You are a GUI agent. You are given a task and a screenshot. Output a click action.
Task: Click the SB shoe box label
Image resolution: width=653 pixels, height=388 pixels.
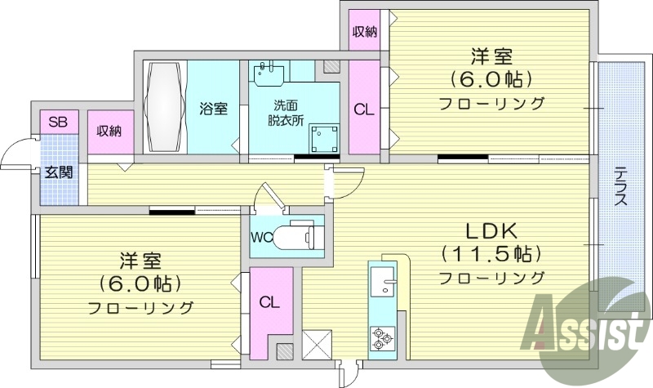[x=57, y=123]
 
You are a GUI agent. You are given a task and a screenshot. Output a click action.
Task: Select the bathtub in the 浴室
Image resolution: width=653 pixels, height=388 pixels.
[x=166, y=106]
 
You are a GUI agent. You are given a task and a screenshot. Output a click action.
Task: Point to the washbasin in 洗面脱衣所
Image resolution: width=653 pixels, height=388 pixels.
[x=266, y=73]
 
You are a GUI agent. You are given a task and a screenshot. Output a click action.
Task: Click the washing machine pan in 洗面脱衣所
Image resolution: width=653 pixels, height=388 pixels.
[x=324, y=138]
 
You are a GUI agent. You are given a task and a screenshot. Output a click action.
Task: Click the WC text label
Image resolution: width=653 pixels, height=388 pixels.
[x=263, y=238]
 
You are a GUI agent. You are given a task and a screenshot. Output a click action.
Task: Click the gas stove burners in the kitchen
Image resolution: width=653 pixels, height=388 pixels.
[x=380, y=337]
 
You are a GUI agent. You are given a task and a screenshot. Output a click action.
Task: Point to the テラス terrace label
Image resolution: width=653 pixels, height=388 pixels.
[x=620, y=186]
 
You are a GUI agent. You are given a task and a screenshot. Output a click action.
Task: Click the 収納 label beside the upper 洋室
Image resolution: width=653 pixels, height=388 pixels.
[x=364, y=32]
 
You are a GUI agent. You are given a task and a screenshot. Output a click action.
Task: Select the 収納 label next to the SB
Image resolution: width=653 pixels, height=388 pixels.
[x=109, y=132]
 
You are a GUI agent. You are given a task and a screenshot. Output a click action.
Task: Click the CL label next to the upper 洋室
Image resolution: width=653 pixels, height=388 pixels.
[x=364, y=109]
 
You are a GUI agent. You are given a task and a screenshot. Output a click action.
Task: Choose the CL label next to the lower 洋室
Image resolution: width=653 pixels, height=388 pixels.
[x=269, y=302]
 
